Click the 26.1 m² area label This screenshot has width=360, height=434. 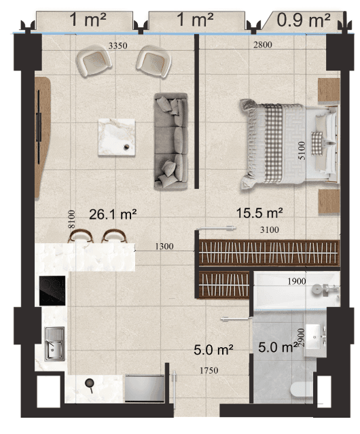pyautogui.click(x=113, y=215)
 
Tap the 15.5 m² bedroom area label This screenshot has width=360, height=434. pyautogui.click(x=259, y=213)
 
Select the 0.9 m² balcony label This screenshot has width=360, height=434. pyautogui.click(x=304, y=20)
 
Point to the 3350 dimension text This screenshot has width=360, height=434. pyautogui.click(x=118, y=46)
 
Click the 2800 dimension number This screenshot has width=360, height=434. pyautogui.click(x=263, y=45)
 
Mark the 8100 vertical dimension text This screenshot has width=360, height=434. pyautogui.click(x=72, y=219)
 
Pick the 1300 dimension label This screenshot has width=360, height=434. pyautogui.click(x=164, y=246)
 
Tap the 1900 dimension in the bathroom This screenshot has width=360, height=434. pyautogui.click(x=297, y=281)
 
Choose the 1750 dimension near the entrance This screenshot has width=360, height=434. pyautogui.click(x=209, y=370)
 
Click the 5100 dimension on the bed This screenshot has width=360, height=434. pyautogui.click(x=302, y=150)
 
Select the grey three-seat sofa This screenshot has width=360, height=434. pyautogui.click(x=171, y=142)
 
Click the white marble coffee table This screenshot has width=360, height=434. pyautogui.click(x=117, y=137)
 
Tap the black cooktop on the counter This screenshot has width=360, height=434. pyautogui.click(x=52, y=291)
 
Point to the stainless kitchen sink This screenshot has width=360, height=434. pyautogui.click(x=54, y=344)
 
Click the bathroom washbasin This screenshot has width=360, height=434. pyautogui.click(x=315, y=337)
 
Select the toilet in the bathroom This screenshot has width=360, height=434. pyautogui.click(x=304, y=389)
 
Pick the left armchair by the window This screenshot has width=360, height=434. pyautogui.click(x=94, y=60)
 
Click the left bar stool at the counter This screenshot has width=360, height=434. pyautogui.click(x=81, y=236)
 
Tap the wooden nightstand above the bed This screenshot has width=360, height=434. pyautogui.click(x=329, y=90)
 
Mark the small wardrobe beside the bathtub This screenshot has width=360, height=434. pyautogui.click(x=224, y=285)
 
